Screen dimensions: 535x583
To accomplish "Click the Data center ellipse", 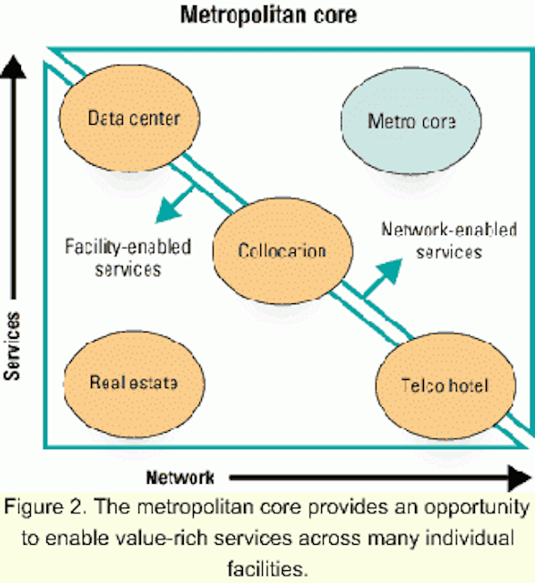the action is pyautogui.click(x=129, y=118).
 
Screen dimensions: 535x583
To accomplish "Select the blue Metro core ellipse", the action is pyautogui.click(x=411, y=121).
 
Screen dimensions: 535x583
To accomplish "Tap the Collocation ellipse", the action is pyautogui.click(x=283, y=251).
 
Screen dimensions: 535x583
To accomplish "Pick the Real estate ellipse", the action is pyautogui.click(x=134, y=384).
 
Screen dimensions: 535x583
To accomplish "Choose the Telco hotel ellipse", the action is pyautogui.click(x=446, y=386).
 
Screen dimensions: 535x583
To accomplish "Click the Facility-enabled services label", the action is pyautogui.click(x=128, y=258).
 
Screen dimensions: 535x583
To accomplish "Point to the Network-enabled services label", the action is pyautogui.click(x=449, y=240).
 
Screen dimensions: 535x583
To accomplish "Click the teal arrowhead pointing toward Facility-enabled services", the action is pyautogui.click(x=168, y=210).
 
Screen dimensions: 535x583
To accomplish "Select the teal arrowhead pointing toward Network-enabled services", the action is pyautogui.click(x=389, y=271).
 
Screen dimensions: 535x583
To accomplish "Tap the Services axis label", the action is pyautogui.click(x=12, y=346).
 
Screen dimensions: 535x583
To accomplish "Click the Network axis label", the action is pyautogui.click(x=180, y=477).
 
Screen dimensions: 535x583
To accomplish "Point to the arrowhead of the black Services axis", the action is pyautogui.click(x=14, y=66).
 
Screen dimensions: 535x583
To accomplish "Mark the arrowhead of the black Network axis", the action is pyautogui.click(x=520, y=478).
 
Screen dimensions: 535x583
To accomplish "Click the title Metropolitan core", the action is pyautogui.click(x=268, y=15).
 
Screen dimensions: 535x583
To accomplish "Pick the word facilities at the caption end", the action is pyautogui.click(x=267, y=568).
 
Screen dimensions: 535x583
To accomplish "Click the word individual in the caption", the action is pyautogui.click(x=469, y=538).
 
